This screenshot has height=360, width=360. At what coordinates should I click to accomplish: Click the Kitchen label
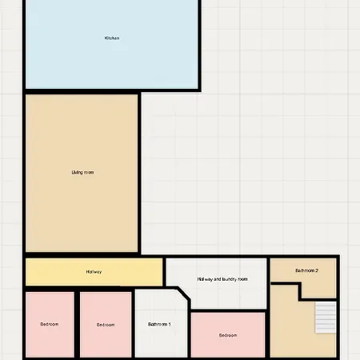click(x=112, y=38)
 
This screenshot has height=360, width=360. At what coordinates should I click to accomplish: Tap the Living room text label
click(x=82, y=173)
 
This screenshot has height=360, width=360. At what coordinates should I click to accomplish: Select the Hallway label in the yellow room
click(x=94, y=272)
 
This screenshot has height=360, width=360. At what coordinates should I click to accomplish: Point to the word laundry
click(x=230, y=279)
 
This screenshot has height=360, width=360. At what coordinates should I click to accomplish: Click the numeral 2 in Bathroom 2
click(x=317, y=270)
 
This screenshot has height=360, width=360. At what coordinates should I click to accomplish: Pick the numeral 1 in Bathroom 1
click(x=170, y=324)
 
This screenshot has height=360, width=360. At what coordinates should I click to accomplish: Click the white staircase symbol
click(x=326, y=318)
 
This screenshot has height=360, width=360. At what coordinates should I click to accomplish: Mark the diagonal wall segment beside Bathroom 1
click(x=183, y=294)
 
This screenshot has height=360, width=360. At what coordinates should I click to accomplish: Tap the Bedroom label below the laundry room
click(x=228, y=335)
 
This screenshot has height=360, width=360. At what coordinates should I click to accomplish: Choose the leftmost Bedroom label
click(x=50, y=324)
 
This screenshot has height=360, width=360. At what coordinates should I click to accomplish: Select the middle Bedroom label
click(x=106, y=325)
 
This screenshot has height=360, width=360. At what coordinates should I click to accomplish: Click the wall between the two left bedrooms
click(x=77, y=324)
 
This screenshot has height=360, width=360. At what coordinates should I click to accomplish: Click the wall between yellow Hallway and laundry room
click(x=164, y=272)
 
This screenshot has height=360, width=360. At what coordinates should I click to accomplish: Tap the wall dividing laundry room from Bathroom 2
click(x=269, y=307)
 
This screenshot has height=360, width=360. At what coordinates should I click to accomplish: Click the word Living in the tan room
click(x=76, y=173)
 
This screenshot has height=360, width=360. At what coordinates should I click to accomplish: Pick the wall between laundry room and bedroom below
click(x=229, y=311)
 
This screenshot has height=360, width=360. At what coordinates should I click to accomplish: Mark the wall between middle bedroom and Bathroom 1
click(x=134, y=324)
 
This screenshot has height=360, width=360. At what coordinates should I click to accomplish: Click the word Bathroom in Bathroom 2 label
click(x=305, y=270)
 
